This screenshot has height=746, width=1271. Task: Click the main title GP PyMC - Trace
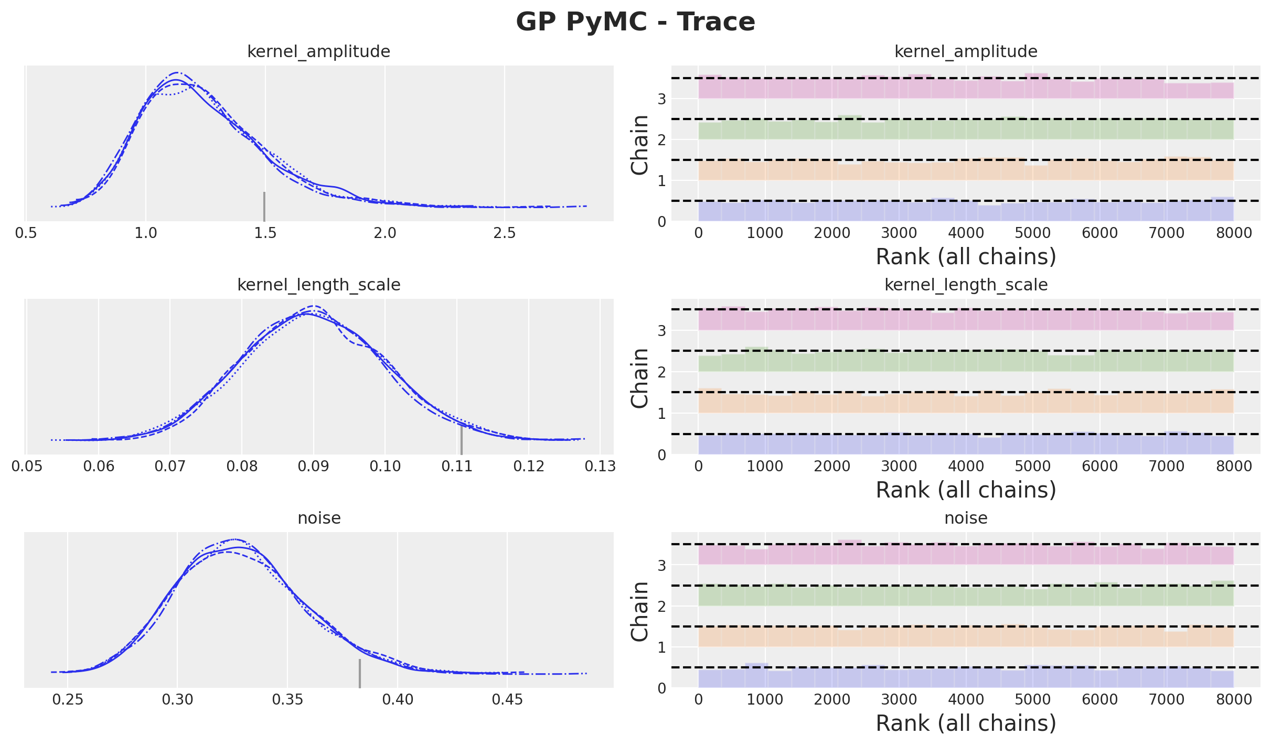click(x=635, y=22)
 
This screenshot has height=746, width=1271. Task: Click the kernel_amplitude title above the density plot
click(x=318, y=52)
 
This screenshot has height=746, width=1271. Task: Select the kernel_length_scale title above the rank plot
click(x=966, y=285)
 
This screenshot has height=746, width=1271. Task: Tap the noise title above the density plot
click(x=319, y=518)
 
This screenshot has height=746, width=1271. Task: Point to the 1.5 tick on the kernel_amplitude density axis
click(x=265, y=233)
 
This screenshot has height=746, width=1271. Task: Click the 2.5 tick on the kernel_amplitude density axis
click(x=504, y=233)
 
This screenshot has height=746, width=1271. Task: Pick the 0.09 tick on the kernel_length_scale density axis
click(x=313, y=466)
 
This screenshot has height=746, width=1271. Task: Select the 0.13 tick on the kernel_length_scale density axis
click(x=600, y=466)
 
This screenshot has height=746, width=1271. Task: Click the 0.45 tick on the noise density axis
click(x=507, y=699)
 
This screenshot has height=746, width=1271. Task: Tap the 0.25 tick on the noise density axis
click(x=67, y=699)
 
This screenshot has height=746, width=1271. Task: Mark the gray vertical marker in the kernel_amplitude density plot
click(x=264, y=207)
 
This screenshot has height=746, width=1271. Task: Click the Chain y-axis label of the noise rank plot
click(x=640, y=611)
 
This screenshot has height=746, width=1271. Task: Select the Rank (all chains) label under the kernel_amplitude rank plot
click(x=966, y=257)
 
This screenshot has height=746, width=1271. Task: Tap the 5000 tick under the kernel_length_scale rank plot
click(x=1033, y=466)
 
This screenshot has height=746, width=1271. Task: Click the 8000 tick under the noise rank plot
click(x=1234, y=699)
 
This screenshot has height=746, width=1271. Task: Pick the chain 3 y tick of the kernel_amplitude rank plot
click(x=662, y=99)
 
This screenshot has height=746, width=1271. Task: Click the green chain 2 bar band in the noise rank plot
click(x=966, y=597)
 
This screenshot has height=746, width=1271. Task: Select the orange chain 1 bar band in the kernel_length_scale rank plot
click(x=966, y=403)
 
